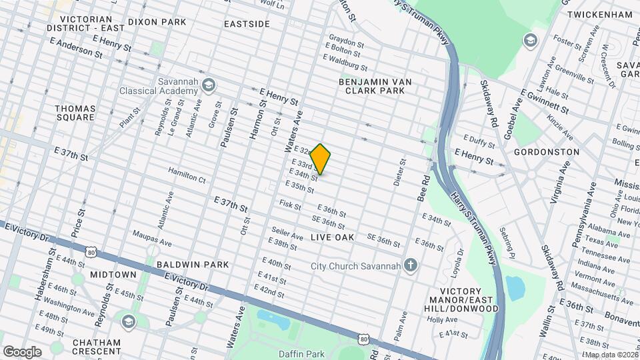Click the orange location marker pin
click(321, 159)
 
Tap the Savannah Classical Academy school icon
click(208, 85)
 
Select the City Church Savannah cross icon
click(411, 266)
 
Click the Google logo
click(22, 351)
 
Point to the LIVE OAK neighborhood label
click(332, 237)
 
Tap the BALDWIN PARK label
click(193, 265)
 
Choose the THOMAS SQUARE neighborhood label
click(75, 113)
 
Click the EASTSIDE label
click(247, 24)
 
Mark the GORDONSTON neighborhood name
click(546, 152)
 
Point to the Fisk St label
click(290, 204)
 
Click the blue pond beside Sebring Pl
click(515, 287)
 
